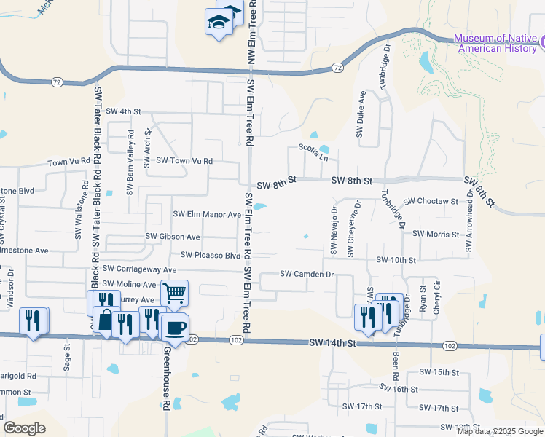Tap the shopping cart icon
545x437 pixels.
click(x=174, y=294)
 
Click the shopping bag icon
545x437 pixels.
click(x=106, y=321)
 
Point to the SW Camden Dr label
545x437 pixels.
click(x=307, y=275)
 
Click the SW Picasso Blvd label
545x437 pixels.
click(x=210, y=256)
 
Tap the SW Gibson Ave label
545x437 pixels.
click(x=173, y=237)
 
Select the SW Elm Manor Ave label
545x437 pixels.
click(x=206, y=215)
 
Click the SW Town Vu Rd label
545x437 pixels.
click(x=184, y=160)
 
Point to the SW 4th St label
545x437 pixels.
click(x=122, y=111)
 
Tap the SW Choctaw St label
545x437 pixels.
click(x=431, y=201)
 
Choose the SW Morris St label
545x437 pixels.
click(x=436, y=235)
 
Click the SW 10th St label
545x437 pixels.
click(x=396, y=260)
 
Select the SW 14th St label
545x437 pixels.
click(x=332, y=342)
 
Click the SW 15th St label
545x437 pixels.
click(x=439, y=372)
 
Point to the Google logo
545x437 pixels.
click(x=24, y=428)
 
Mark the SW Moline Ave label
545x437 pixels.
click(x=129, y=284)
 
